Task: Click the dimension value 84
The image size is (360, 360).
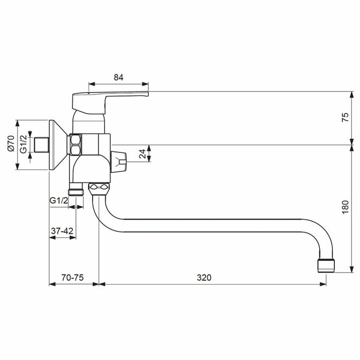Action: click(x=119, y=77)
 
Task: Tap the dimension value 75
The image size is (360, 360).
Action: click(x=344, y=118)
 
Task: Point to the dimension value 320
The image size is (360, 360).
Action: click(x=204, y=278)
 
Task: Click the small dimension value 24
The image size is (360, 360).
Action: click(x=142, y=154)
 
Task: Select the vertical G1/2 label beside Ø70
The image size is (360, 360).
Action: click(x=23, y=144)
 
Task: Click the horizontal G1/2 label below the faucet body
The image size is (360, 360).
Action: click(x=59, y=201)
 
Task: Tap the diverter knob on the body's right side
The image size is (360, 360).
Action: click(x=120, y=161)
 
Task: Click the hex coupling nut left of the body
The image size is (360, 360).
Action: click(x=76, y=144)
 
